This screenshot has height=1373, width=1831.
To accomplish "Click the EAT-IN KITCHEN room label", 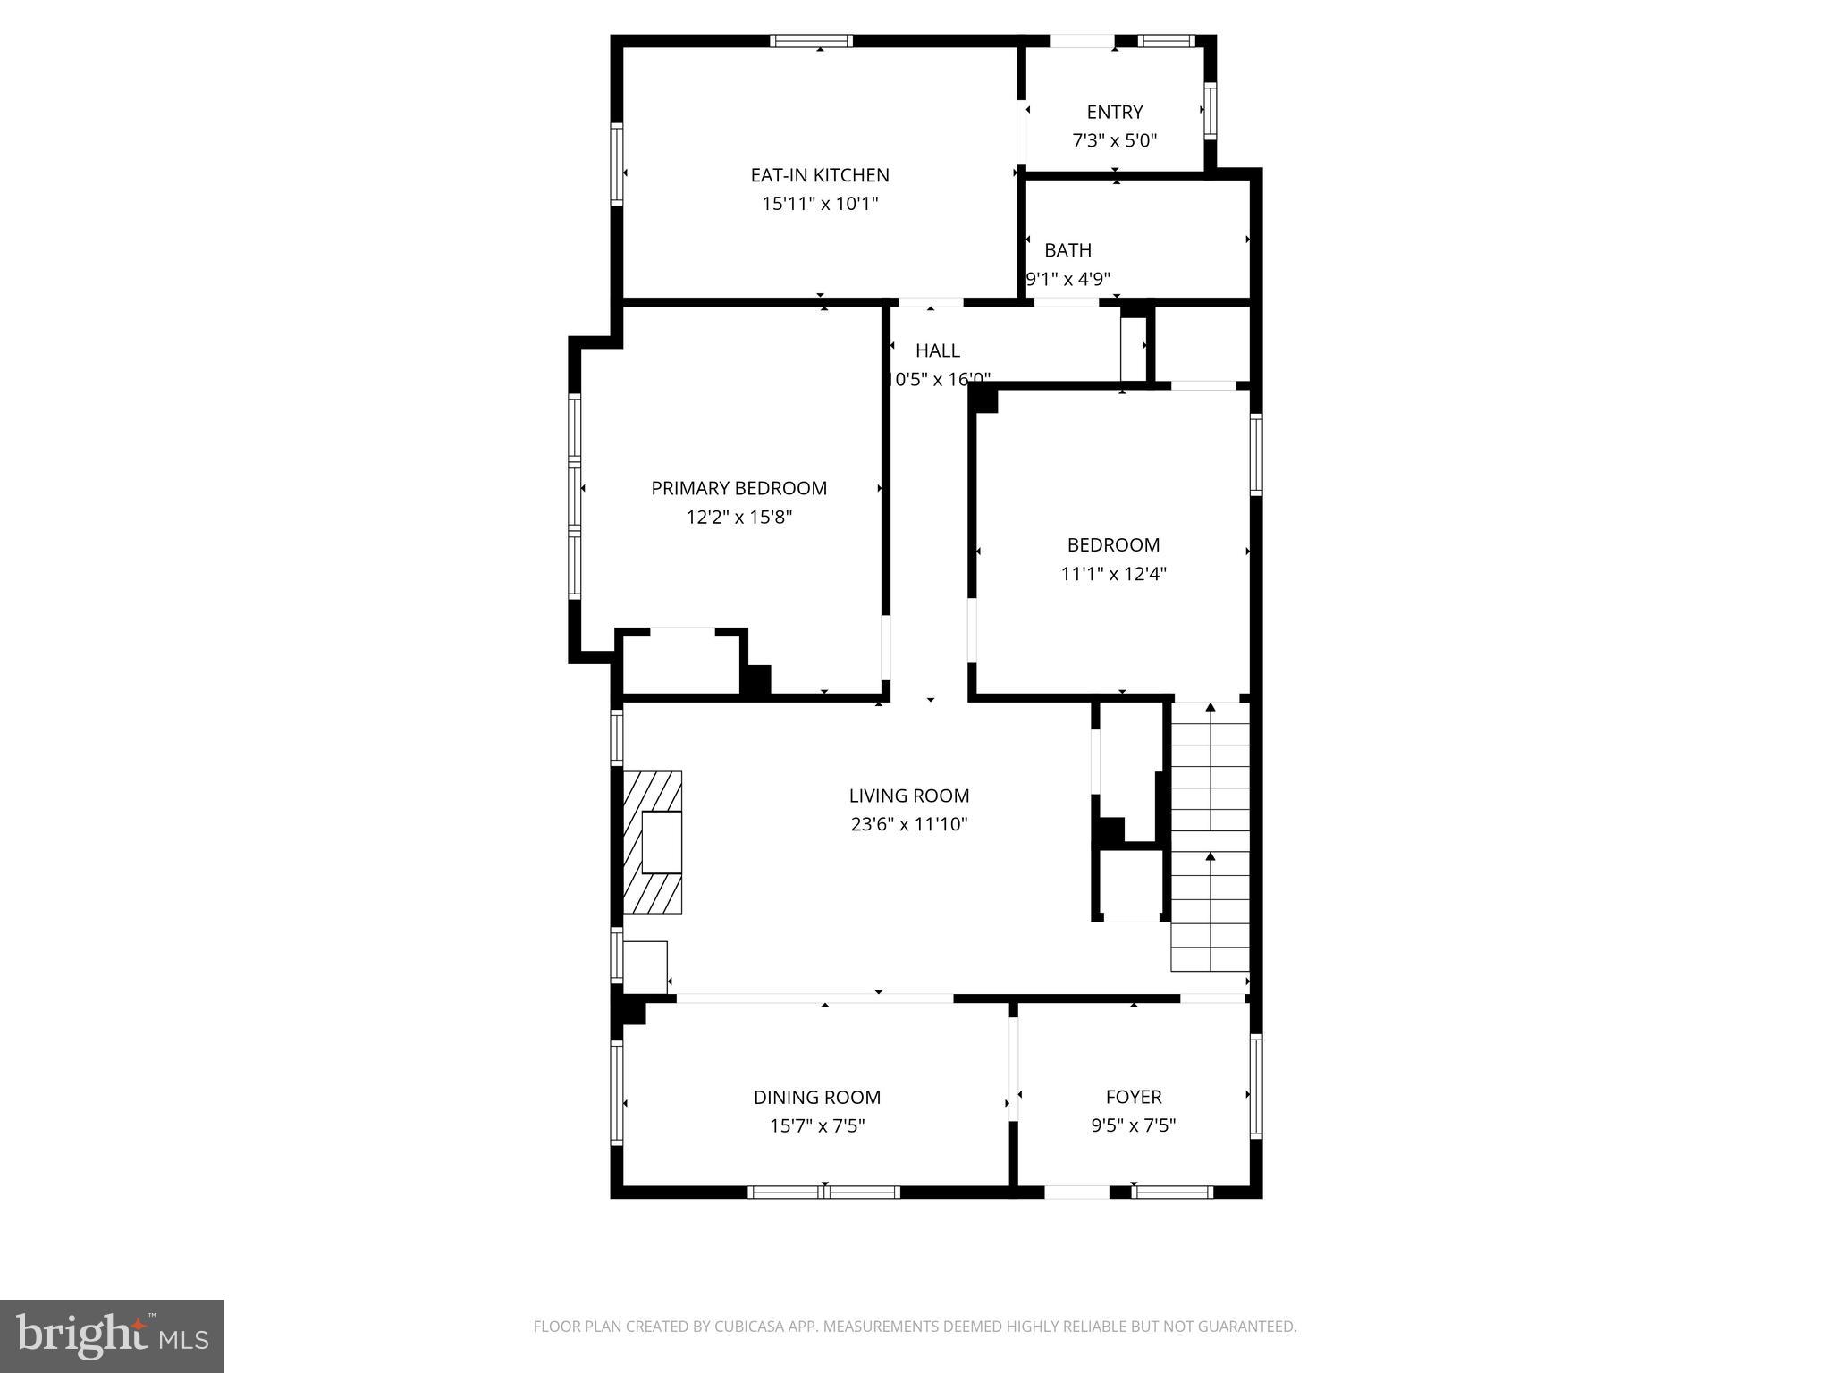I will [x=819, y=175].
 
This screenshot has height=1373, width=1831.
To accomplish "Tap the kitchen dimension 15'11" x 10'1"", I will [x=819, y=204].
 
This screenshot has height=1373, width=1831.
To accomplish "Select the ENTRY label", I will [x=1114, y=112].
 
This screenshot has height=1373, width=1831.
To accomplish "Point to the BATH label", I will [x=1067, y=250].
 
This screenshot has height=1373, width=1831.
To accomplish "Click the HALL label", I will [x=937, y=350].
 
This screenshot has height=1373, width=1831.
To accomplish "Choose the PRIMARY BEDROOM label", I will [x=738, y=488].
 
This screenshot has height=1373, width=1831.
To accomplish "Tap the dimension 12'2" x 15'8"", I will [x=738, y=517].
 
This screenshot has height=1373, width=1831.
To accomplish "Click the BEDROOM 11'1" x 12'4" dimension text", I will [x=1113, y=574].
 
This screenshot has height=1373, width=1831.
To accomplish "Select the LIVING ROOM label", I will [x=908, y=796].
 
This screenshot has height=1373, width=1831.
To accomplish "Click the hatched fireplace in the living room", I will [x=653, y=842].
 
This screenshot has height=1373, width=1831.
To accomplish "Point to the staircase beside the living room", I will [x=1210, y=837].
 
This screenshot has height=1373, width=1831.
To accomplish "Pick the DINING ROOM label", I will [x=816, y=1097].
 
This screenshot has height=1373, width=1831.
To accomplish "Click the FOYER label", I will [x=1133, y=1097].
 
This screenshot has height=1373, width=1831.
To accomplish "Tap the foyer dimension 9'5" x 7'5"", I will [x=1133, y=1125].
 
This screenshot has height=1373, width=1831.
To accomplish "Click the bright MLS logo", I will [x=111, y=1335].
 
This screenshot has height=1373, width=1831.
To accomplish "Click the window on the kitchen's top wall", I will [x=811, y=41].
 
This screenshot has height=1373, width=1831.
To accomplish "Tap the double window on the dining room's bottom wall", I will [x=823, y=1192].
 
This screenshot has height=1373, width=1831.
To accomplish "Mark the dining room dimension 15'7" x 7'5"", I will [x=816, y=1125].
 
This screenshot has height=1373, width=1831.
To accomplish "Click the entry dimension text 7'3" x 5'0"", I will [x=1114, y=140].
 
